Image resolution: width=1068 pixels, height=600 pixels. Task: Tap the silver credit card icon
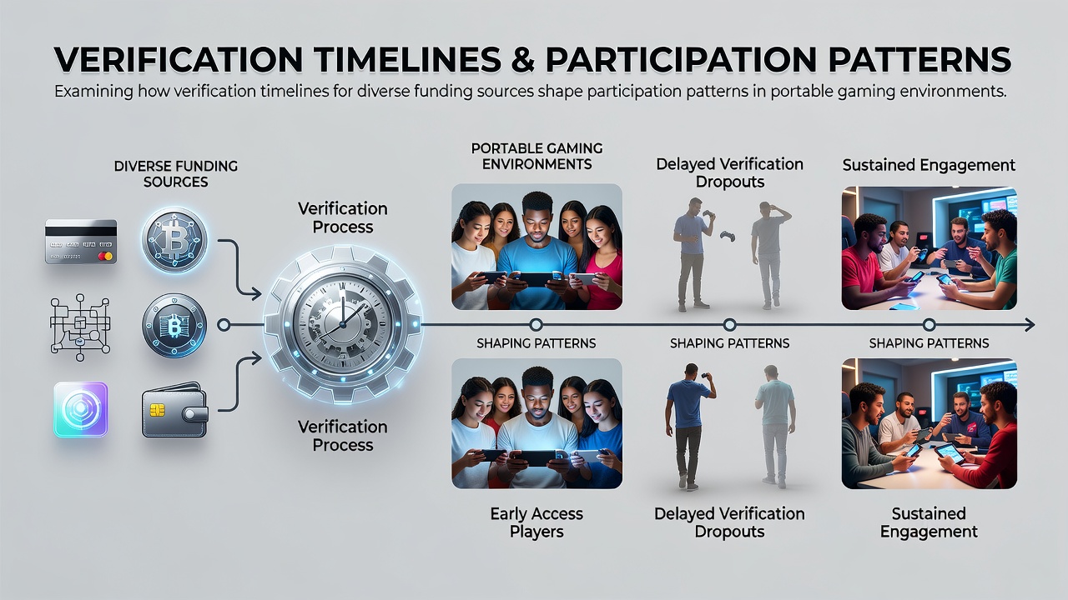[x=81, y=242]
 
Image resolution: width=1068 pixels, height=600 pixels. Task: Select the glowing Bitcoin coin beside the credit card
[x=174, y=240]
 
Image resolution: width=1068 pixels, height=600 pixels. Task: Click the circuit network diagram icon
[x=80, y=327]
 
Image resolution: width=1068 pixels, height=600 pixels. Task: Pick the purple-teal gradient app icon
[x=81, y=409]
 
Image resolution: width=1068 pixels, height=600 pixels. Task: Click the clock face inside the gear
[x=342, y=325]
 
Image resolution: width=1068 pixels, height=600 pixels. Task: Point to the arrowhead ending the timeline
[x=1030, y=325]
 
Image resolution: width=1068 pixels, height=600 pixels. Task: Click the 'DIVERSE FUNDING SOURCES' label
[x=175, y=174]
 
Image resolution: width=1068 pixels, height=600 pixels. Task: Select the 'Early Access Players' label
[x=537, y=522]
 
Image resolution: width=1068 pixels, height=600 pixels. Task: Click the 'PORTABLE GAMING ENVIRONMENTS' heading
[x=537, y=156]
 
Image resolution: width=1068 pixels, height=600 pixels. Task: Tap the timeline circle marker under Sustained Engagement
[x=929, y=325]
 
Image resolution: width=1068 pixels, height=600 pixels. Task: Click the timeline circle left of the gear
[x=223, y=325]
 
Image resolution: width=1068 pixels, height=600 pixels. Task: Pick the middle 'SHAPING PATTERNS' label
[x=729, y=343]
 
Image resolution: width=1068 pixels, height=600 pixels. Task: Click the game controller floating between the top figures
[x=727, y=236]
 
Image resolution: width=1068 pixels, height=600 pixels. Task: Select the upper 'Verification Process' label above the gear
[x=342, y=217]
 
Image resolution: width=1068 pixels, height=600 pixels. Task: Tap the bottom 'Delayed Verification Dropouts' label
[x=729, y=522]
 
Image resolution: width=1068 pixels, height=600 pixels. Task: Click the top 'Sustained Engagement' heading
[x=929, y=165]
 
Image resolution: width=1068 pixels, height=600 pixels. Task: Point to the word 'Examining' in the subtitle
[x=93, y=91]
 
